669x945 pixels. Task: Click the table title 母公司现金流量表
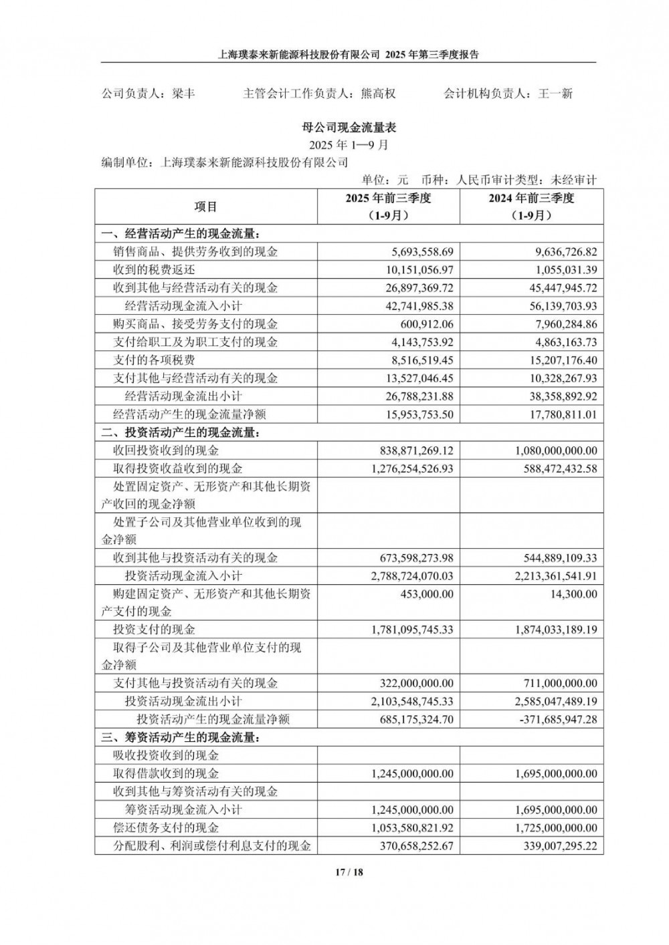(x=349, y=127)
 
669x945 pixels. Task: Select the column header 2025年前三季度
(x=388, y=198)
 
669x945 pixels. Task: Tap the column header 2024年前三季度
(x=531, y=198)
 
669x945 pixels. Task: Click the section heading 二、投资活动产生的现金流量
(x=181, y=432)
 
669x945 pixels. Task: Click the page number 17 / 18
(x=349, y=872)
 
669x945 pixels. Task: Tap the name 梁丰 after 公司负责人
(x=182, y=94)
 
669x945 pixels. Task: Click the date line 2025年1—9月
(x=349, y=144)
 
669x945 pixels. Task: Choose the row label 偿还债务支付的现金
(x=167, y=828)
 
